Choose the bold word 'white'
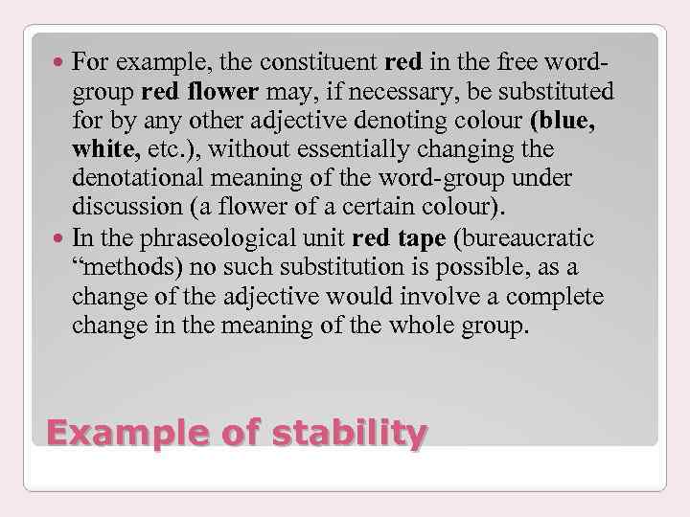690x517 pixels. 105,150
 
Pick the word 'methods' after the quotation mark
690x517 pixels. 131,267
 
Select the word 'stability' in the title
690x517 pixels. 349,434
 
